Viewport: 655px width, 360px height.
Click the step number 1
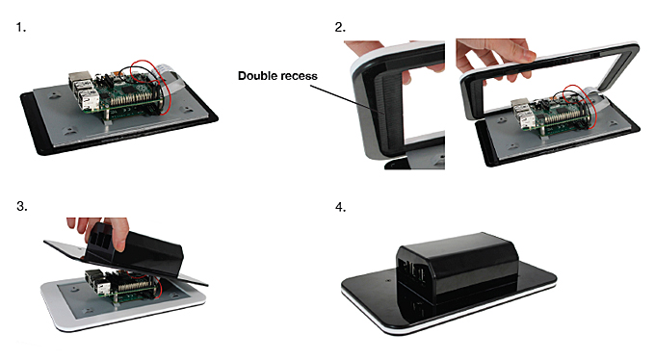tap(21, 28)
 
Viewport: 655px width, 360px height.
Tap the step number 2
tap(340, 28)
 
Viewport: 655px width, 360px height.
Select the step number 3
tap(22, 206)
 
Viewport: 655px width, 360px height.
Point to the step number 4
tap(340, 207)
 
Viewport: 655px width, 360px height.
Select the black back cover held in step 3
tap(134, 255)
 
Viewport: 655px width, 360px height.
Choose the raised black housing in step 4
tap(458, 275)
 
